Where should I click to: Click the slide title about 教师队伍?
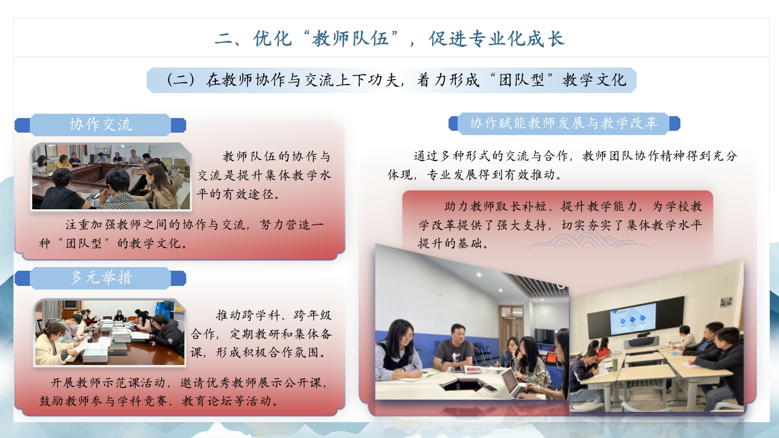pyautogui.click(x=389, y=38)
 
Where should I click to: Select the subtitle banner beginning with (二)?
pyautogui.click(x=391, y=80)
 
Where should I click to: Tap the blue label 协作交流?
pyautogui.click(x=100, y=125)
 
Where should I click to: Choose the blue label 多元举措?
pyautogui.click(x=100, y=278)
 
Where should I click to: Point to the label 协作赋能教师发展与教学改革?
pyautogui.click(x=564, y=123)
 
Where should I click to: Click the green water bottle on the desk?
pyautogui.click(x=615, y=364)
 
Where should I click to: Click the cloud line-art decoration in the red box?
pyautogui.click(x=588, y=240)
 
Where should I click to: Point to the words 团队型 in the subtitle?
pyautogui.click(x=521, y=80)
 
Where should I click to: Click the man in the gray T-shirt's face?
pyautogui.click(x=458, y=333)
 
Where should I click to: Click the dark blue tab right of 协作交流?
pyautogui.click(x=178, y=125)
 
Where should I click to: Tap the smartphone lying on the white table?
pyautogui.click(x=490, y=388)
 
